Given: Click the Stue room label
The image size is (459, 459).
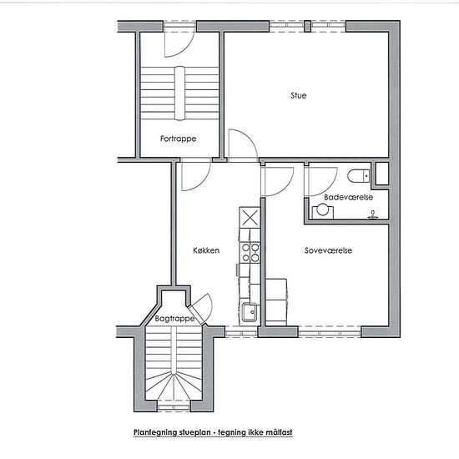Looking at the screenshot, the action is (299, 95).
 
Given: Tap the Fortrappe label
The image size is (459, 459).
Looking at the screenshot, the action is (178, 139).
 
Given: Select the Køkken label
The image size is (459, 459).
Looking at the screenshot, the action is (206, 250).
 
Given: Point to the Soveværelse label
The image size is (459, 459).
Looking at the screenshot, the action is (328, 250).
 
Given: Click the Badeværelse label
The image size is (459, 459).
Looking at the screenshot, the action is (348, 197).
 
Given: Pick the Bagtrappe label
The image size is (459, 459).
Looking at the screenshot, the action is (174, 319).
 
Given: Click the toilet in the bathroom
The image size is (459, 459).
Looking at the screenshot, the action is (359, 176).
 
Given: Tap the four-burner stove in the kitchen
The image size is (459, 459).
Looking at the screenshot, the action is (250, 252).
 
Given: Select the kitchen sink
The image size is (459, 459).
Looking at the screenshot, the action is (250, 312).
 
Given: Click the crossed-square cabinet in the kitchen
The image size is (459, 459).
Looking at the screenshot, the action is (250, 218).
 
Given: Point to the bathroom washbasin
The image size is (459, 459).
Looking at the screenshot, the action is (323, 211).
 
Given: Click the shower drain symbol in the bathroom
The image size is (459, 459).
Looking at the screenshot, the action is (373, 214).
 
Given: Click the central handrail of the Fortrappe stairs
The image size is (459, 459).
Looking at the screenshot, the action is (180, 93).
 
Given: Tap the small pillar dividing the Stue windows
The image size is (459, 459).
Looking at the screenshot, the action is (307, 26).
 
